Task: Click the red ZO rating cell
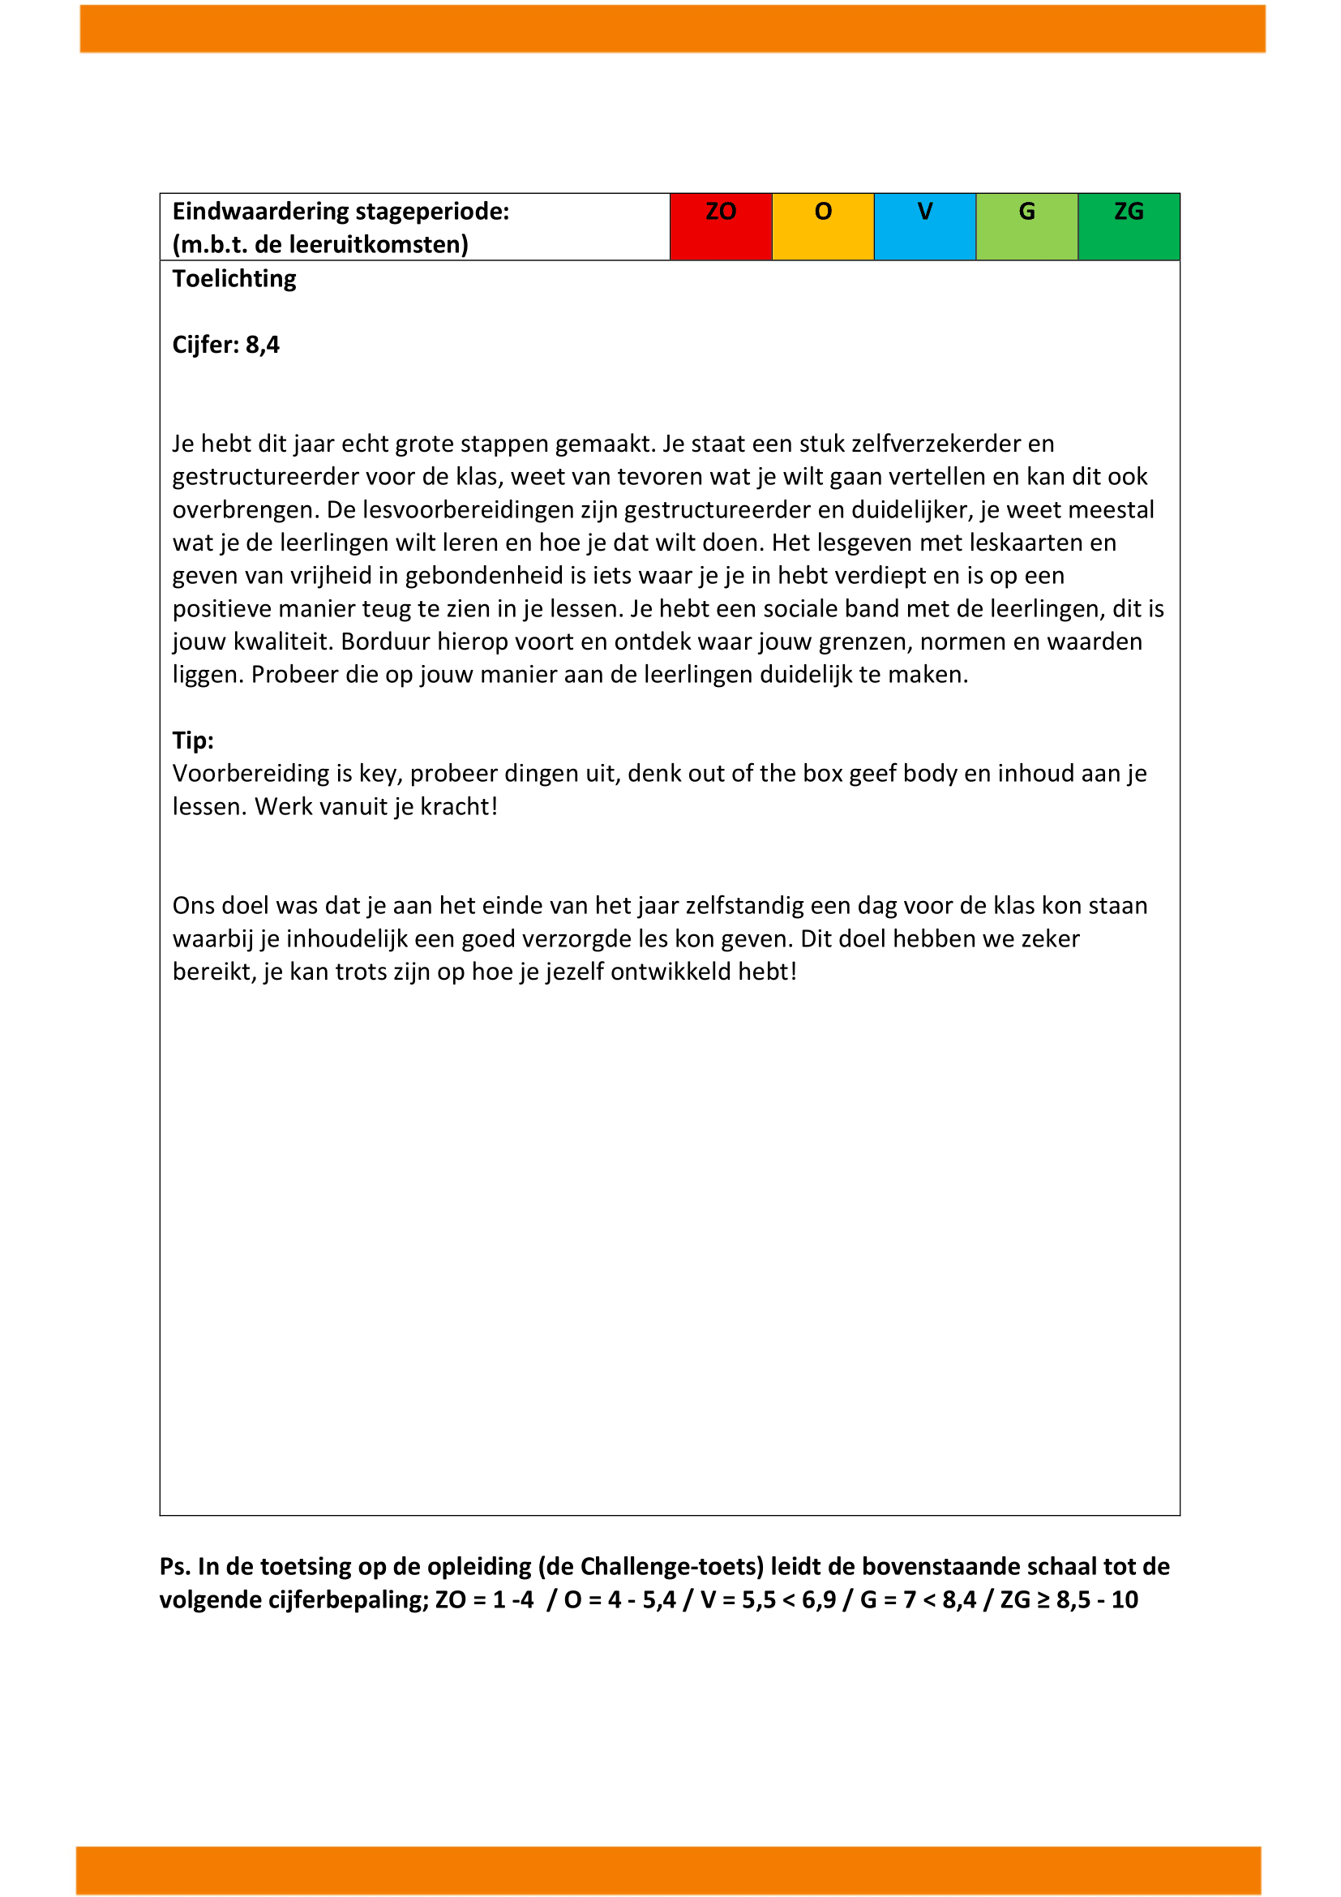[720, 226]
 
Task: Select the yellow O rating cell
[822, 226]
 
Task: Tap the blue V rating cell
[925, 226]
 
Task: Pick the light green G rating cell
[1026, 226]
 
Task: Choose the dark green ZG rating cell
[1129, 226]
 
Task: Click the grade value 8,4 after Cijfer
[263, 345]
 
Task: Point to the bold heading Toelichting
[234, 279]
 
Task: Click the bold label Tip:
[193, 740]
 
